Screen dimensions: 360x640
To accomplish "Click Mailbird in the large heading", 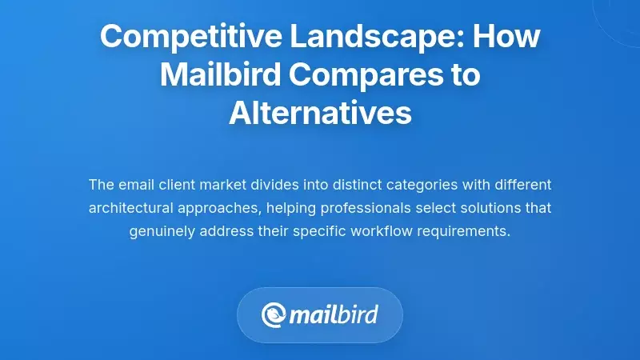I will (x=215, y=75).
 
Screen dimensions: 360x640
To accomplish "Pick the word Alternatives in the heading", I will (x=320, y=114).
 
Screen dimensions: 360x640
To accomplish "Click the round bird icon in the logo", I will (x=274, y=314).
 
